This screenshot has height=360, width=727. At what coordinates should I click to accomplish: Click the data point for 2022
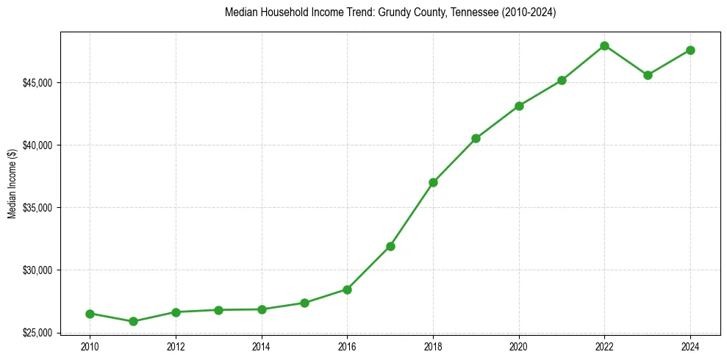point(604,46)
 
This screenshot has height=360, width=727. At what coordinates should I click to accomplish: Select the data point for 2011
point(133,321)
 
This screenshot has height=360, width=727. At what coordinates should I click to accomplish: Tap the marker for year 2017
point(390,246)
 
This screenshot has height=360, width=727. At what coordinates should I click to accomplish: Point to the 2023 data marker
point(648,75)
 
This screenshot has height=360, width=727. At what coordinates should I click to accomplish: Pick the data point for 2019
point(476,138)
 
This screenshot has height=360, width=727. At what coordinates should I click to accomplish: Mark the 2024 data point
point(690,50)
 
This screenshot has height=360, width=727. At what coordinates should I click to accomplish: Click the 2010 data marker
point(90,314)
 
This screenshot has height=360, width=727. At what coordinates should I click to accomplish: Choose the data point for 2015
point(304,303)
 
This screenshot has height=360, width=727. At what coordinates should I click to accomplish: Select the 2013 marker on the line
point(218,310)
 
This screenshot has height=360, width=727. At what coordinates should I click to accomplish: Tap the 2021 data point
point(562,80)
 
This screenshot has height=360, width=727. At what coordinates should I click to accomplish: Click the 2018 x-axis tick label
point(433,345)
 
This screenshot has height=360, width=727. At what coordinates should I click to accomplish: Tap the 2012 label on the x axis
point(176,345)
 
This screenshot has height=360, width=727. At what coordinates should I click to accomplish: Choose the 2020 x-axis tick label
point(519,345)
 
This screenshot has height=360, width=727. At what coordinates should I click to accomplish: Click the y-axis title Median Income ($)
point(12,182)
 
